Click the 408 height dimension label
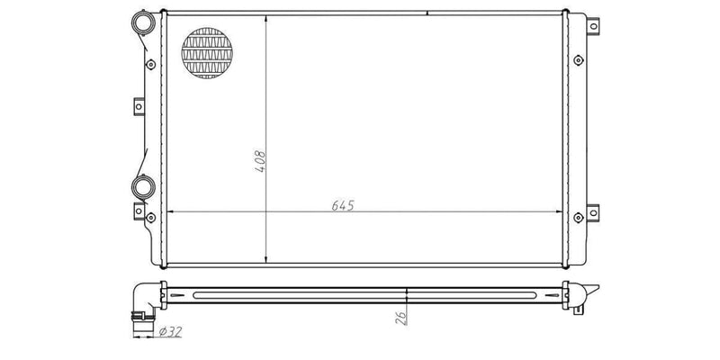pos(260,160)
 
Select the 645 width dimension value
pos(342,205)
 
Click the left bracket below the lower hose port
pos(139,212)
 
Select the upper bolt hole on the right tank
pos(577,61)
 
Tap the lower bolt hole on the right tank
pos(577,215)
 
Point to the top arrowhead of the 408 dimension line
pos(266,18)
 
